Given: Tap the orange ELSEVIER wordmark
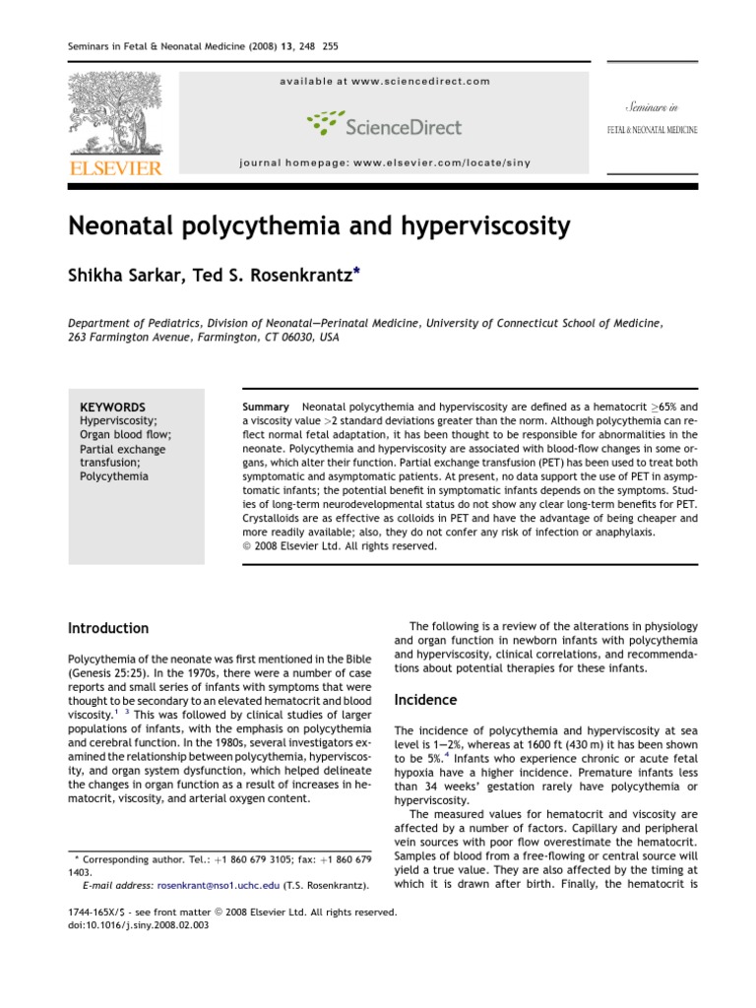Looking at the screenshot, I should [114, 168].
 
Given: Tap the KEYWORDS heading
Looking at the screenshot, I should [112, 407].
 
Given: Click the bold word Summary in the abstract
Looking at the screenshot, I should [265, 407].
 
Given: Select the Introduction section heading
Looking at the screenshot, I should [108, 628].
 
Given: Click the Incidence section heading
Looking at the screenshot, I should [425, 700].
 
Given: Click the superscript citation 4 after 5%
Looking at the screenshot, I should [446, 758].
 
